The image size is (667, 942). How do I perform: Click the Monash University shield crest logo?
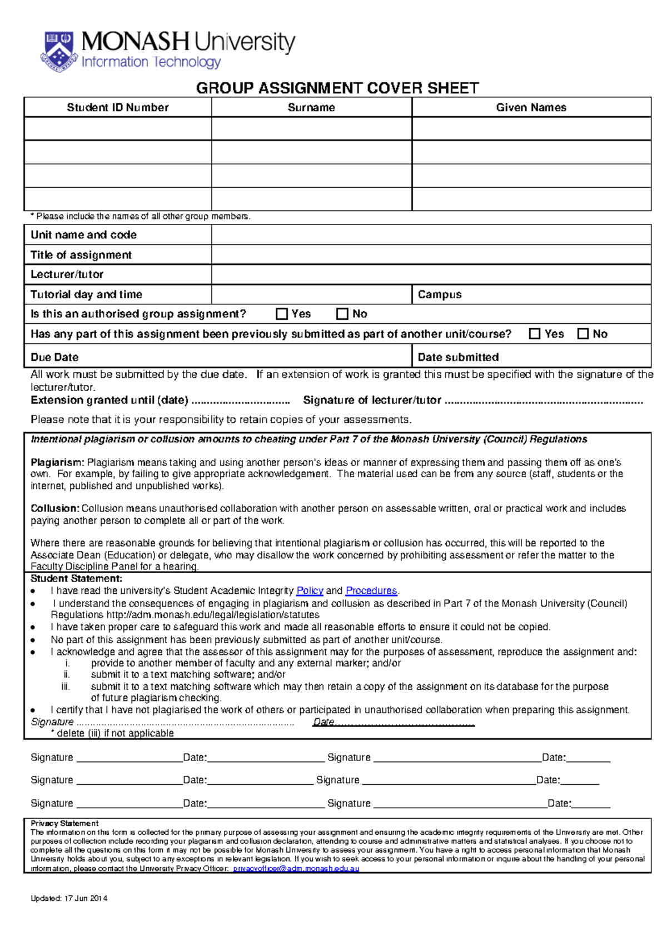(58, 51)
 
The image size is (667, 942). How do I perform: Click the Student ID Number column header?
(117, 108)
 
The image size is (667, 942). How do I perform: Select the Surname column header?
(311, 108)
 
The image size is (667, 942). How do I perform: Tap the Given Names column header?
(531, 108)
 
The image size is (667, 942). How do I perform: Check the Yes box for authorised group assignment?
(282, 314)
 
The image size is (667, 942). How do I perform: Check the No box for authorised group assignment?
(342, 314)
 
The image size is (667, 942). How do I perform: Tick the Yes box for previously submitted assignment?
(535, 334)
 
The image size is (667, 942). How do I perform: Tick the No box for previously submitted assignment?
(583, 334)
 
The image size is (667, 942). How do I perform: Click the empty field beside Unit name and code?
(431, 235)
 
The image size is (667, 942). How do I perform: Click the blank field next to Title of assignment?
(431, 255)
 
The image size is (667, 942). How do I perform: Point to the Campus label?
(440, 294)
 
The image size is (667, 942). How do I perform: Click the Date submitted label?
(458, 357)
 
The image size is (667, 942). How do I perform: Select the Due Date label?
(54, 357)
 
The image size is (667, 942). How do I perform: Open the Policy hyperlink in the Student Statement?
(310, 591)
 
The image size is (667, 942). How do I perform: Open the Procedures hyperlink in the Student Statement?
(371, 591)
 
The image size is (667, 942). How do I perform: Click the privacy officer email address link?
(296, 869)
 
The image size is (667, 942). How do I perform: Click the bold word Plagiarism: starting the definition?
(57, 463)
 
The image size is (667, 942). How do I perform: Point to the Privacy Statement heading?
(64, 824)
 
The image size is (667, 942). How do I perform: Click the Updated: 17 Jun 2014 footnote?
(69, 898)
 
